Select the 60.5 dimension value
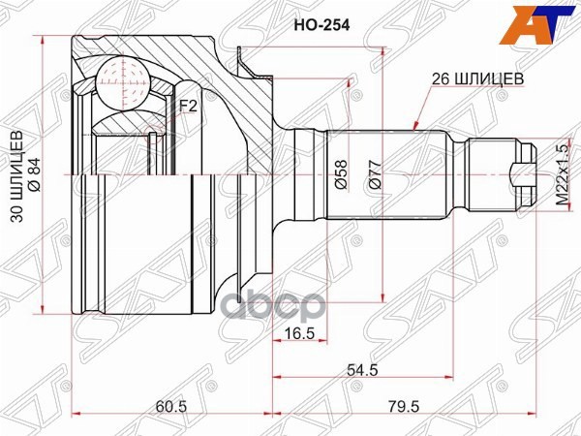[x=168, y=407]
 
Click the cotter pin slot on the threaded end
[x=521, y=174]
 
